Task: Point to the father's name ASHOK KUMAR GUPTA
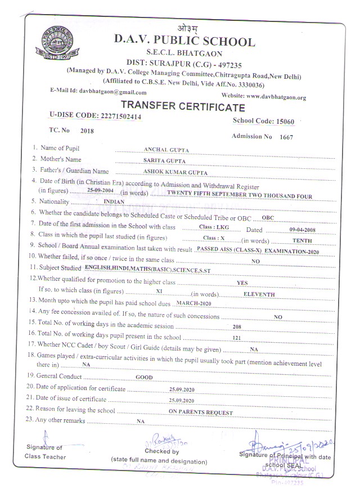coord(175,172)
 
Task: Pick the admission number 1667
coord(287,137)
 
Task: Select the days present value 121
coord(237,338)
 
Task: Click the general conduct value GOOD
coord(145,377)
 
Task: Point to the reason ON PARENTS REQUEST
coord(201,413)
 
